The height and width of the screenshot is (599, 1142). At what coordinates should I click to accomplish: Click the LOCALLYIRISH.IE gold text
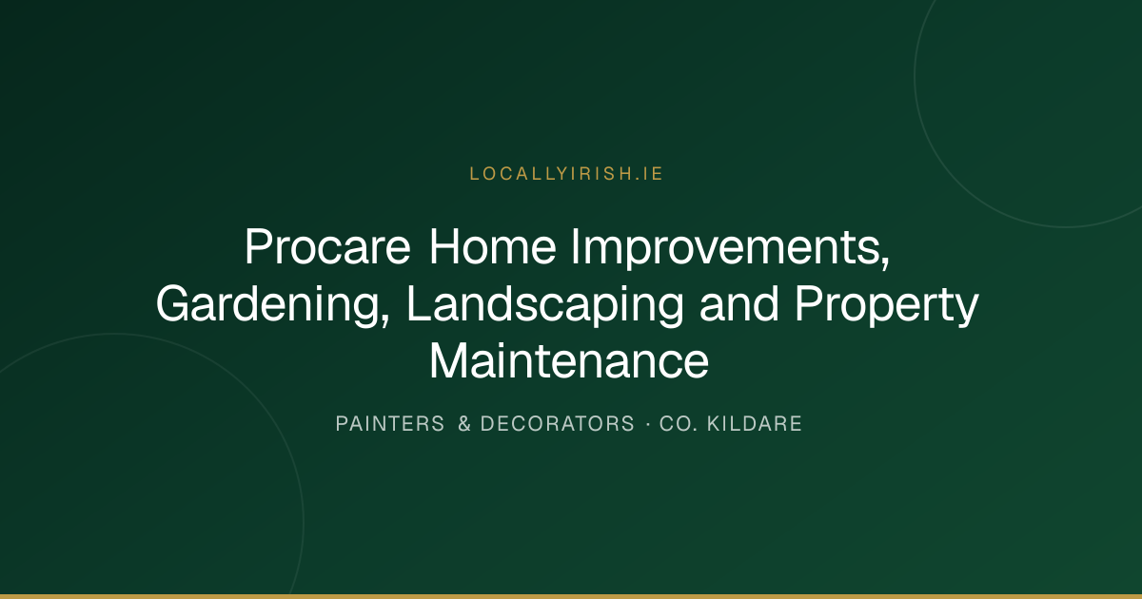click(566, 174)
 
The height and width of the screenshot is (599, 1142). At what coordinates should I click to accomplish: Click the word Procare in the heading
click(327, 247)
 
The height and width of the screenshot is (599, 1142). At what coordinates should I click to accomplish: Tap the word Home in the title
click(493, 247)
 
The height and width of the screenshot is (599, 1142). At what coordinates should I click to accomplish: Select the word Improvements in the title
click(725, 248)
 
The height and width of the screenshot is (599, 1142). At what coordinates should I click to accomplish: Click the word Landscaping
click(545, 305)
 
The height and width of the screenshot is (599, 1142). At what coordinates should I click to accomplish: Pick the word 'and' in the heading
click(739, 304)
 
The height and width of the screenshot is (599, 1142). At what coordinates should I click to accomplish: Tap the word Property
click(887, 305)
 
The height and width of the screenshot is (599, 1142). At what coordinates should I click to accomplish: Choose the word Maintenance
click(569, 361)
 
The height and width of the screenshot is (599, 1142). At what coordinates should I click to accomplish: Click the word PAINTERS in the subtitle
click(390, 424)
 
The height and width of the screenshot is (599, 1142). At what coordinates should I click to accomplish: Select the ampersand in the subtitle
click(464, 424)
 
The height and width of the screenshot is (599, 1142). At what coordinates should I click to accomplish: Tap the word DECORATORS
click(558, 424)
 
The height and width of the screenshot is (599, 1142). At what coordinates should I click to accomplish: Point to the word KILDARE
click(755, 424)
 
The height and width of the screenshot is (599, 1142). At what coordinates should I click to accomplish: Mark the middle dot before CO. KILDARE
click(648, 424)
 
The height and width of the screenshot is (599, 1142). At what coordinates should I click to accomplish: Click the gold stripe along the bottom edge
click(571, 596)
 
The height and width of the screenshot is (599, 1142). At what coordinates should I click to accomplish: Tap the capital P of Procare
click(260, 247)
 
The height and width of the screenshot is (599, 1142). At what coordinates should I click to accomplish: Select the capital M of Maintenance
click(447, 361)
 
